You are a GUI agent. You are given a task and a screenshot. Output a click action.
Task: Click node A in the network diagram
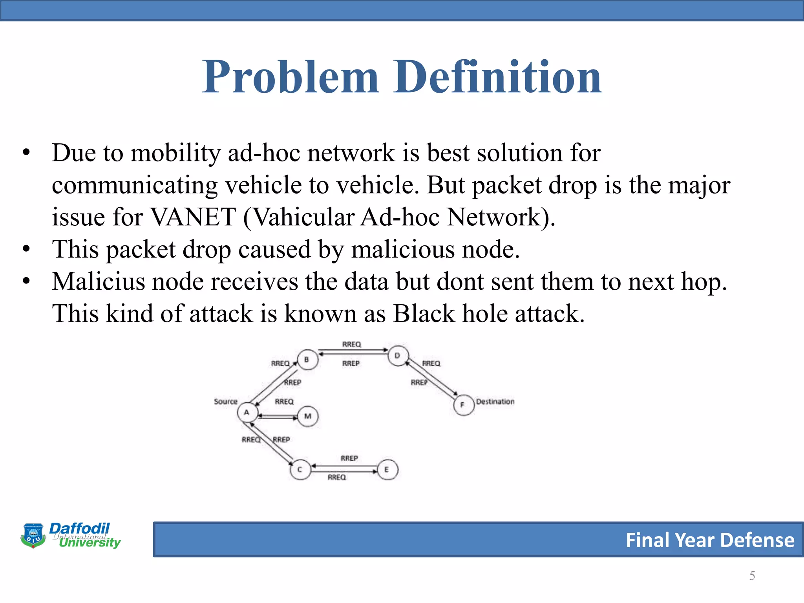point(247,413)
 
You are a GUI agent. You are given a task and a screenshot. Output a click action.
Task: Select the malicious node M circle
point(308,417)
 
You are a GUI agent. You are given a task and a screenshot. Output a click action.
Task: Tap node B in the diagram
point(307,360)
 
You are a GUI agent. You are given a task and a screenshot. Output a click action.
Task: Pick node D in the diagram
point(398,356)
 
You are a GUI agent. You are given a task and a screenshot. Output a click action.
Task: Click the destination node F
point(463,405)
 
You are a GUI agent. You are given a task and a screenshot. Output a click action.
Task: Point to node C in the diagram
point(300,470)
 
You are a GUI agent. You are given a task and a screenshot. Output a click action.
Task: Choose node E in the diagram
point(387,470)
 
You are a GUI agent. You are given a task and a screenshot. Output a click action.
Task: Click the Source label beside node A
point(226,402)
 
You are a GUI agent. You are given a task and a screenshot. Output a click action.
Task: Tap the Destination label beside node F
point(495,402)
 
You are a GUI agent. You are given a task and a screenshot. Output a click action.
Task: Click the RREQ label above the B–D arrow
point(351,344)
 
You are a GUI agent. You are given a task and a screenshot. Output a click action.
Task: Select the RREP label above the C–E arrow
point(349,458)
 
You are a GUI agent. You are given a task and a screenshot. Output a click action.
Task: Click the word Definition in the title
point(497,77)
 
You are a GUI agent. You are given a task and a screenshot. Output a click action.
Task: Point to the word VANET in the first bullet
point(193,217)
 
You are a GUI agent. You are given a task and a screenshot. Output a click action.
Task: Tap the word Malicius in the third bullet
point(98,282)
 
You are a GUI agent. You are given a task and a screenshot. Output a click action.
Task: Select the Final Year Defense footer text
point(710,540)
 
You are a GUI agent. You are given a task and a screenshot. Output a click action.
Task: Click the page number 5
point(752,576)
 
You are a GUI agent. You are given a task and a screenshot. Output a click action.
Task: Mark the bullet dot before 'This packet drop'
point(26,249)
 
